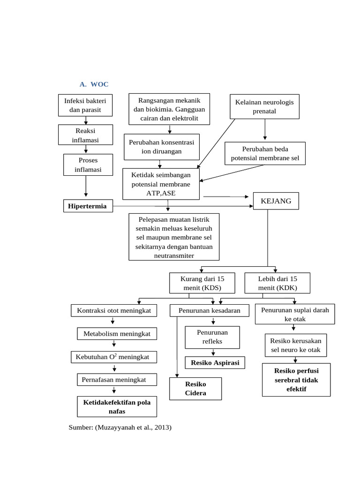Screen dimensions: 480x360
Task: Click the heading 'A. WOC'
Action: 94,84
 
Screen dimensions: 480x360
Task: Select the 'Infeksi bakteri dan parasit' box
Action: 85,105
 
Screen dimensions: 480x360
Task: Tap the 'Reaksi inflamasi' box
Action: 85,135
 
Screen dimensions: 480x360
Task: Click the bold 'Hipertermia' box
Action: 88,206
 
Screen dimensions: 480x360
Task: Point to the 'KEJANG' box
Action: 275,201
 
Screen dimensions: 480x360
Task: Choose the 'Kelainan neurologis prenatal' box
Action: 265,106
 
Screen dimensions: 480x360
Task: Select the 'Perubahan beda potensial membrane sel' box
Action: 265,153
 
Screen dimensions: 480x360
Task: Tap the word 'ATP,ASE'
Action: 161,193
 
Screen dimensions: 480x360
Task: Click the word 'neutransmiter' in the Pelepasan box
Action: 174,255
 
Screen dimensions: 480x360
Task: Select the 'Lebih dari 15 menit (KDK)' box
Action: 277,283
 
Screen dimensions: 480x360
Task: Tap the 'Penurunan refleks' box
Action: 212,337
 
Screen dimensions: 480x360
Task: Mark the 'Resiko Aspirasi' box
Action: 215,363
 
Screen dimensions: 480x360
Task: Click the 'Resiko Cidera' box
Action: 195,389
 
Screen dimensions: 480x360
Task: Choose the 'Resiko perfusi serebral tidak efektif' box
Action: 296,380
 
